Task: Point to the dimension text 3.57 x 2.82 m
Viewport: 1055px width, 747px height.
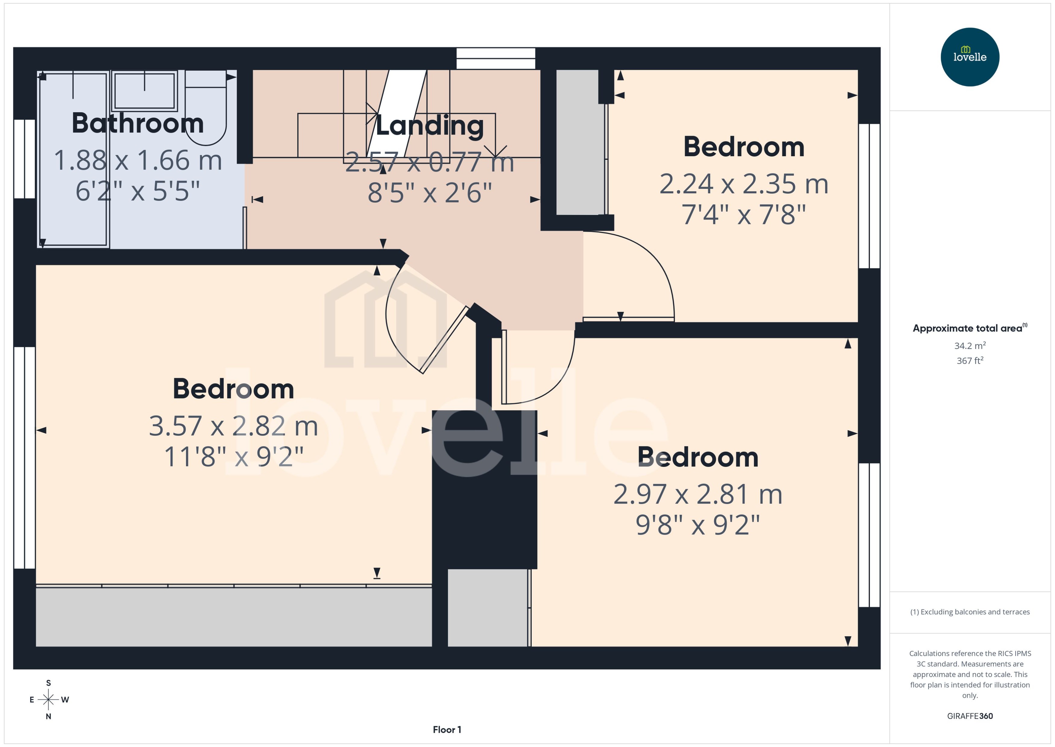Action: click(x=234, y=426)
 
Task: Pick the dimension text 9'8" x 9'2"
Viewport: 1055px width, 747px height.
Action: click(x=698, y=525)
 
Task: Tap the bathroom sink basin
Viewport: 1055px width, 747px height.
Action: click(x=144, y=90)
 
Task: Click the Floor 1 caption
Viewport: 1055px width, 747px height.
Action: click(x=446, y=730)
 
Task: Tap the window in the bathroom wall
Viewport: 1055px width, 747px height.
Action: click(x=24, y=159)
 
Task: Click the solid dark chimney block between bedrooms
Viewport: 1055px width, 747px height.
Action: click(x=484, y=489)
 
